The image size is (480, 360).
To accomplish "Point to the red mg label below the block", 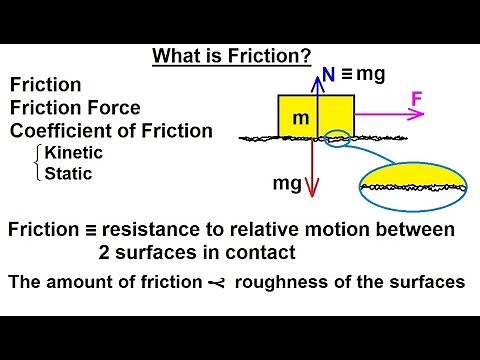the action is click(287, 184).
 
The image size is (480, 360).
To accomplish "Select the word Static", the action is click(66, 172).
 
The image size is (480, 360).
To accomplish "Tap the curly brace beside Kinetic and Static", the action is click(37, 162).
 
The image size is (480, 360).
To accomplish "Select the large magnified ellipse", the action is click(414, 185).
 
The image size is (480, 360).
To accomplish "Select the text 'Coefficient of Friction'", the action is click(111, 130).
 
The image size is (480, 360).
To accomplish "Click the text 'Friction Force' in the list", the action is click(75, 108).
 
